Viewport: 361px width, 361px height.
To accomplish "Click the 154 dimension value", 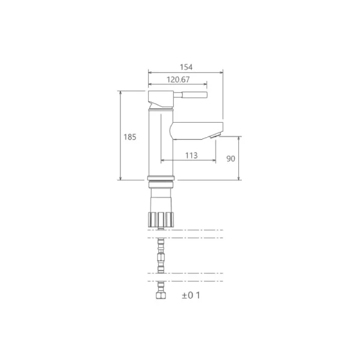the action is pyautogui.click(x=186, y=67).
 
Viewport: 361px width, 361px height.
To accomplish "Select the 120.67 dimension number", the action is pyautogui.click(x=178, y=79).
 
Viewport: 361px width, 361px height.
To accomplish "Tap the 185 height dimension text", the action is pyautogui.click(x=130, y=137).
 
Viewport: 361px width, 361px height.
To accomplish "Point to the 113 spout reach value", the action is pyautogui.click(x=191, y=156).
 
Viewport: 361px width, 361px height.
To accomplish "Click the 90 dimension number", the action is pyautogui.click(x=230, y=159).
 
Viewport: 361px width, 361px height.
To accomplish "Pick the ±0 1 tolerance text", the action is pyautogui.click(x=191, y=295).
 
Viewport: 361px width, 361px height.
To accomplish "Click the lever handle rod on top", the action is pyautogui.click(x=190, y=94).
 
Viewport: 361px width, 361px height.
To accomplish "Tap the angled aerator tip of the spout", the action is pyautogui.click(x=215, y=135).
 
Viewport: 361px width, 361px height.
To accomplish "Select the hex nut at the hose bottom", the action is pyautogui.click(x=161, y=295).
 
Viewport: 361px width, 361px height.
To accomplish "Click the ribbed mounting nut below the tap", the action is pyautogui.click(x=161, y=220).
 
